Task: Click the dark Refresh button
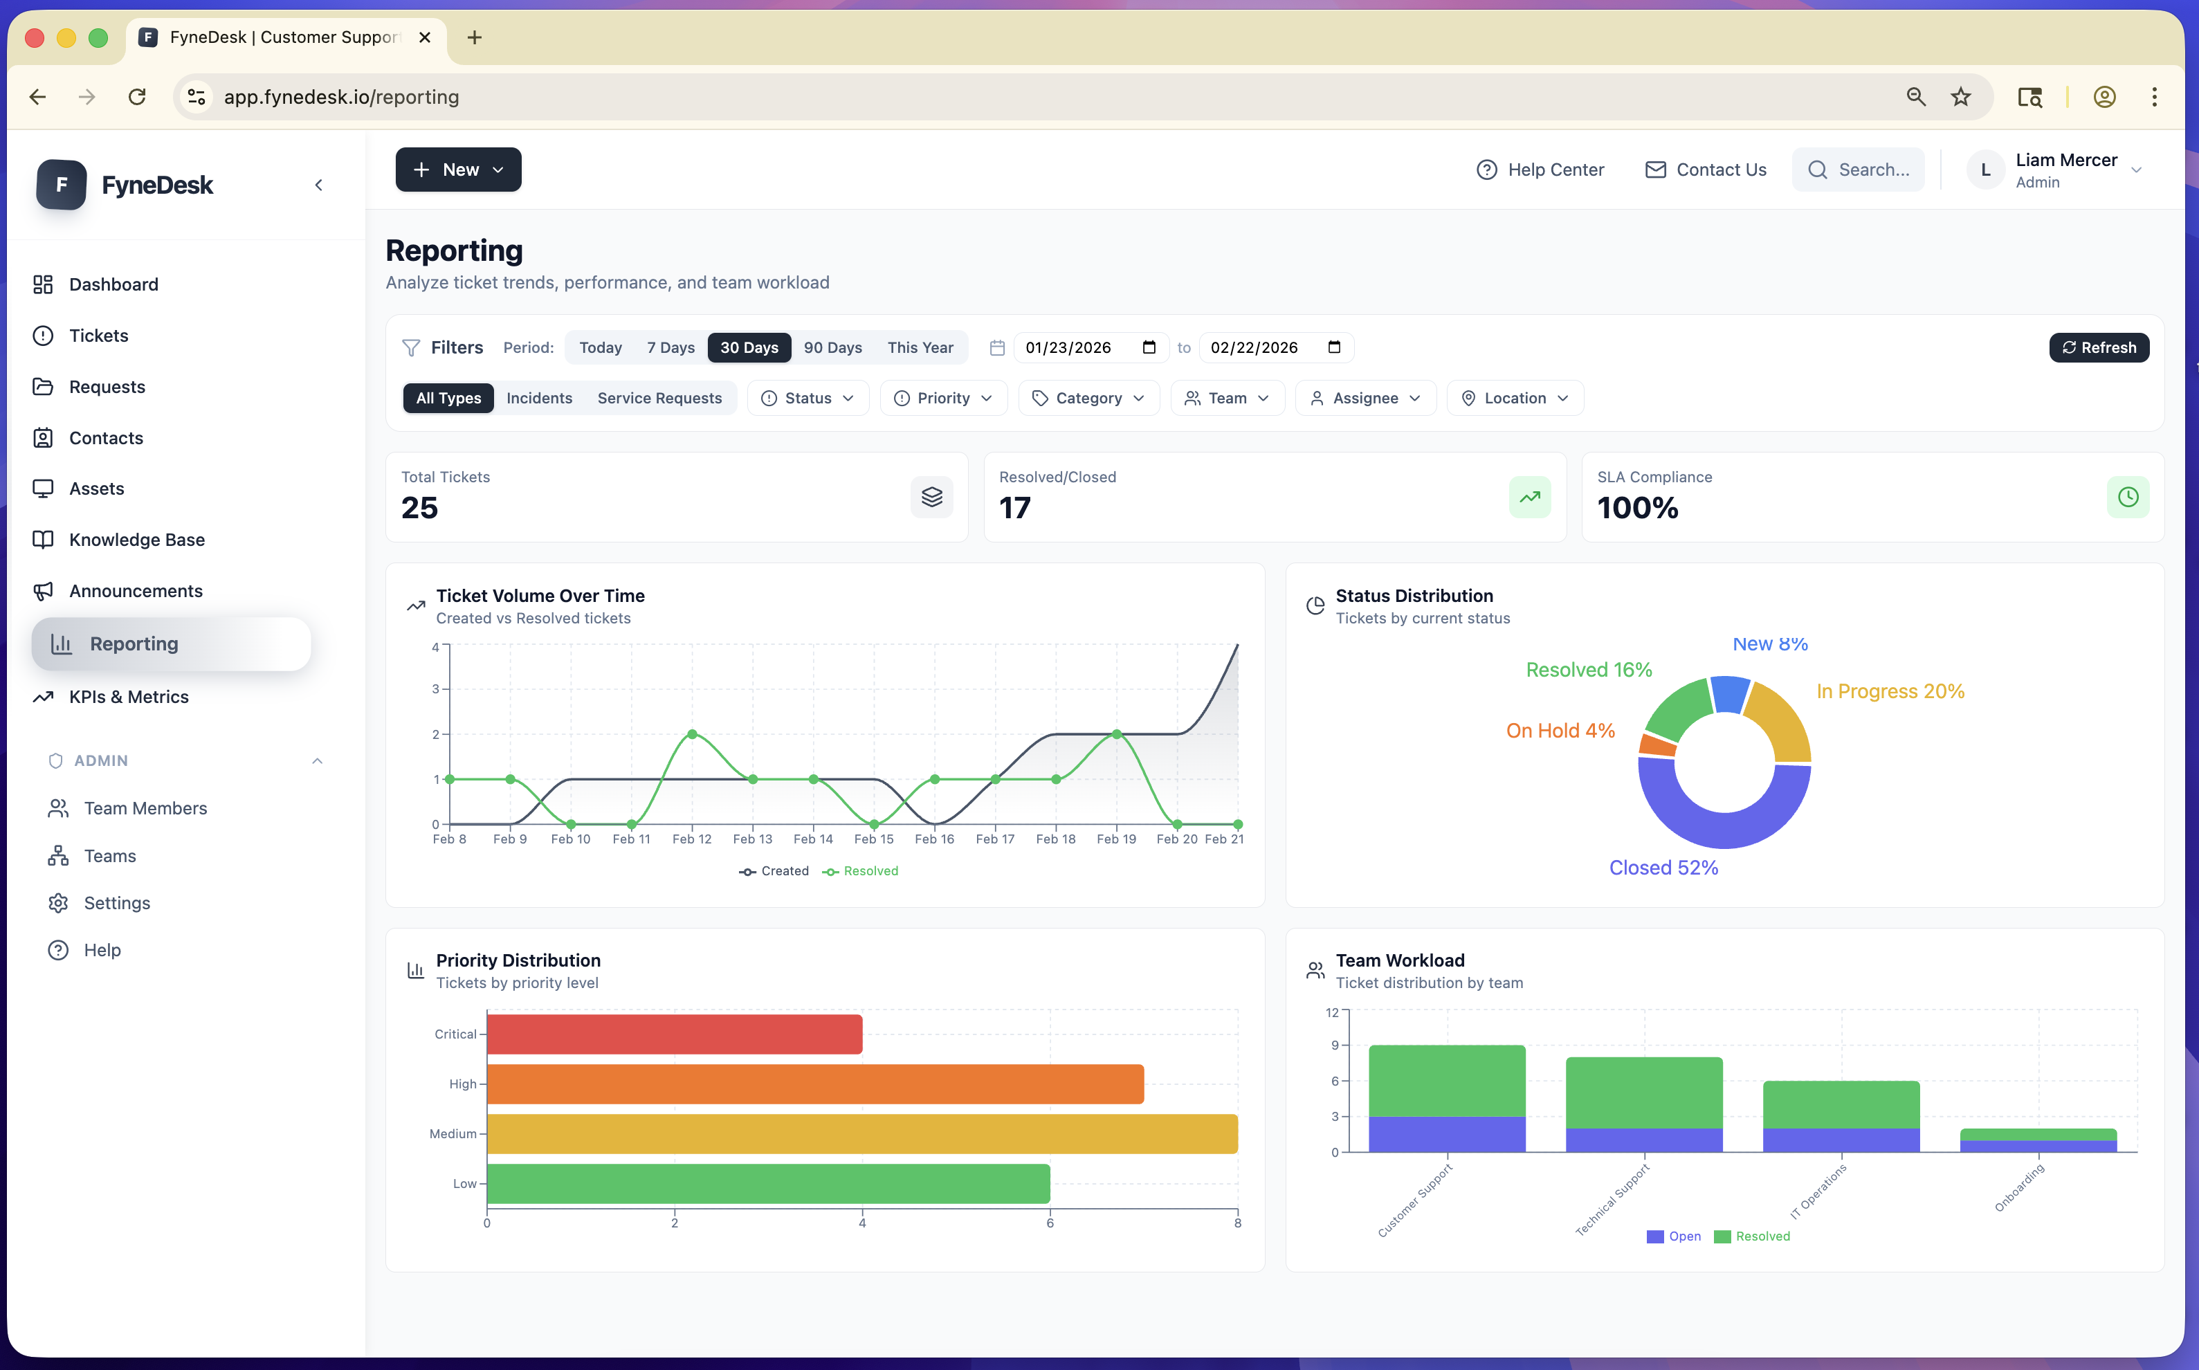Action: [2099, 347]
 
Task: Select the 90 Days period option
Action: [832, 347]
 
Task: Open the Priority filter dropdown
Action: [942, 398]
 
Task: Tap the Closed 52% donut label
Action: [1663, 867]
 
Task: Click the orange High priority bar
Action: [814, 1084]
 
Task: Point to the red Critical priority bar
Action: [674, 1034]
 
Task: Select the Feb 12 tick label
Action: [691, 839]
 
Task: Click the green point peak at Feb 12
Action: [692, 734]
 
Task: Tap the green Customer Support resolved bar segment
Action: [1446, 1080]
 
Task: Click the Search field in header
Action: [1859, 170]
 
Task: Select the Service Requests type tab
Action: [659, 398]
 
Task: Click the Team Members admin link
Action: [145, 807]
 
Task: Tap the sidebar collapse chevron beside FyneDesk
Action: [318, 185]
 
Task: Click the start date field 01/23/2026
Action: [1078, 347]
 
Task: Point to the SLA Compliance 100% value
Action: [1637, 507]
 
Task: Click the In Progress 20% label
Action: [1890, 691]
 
